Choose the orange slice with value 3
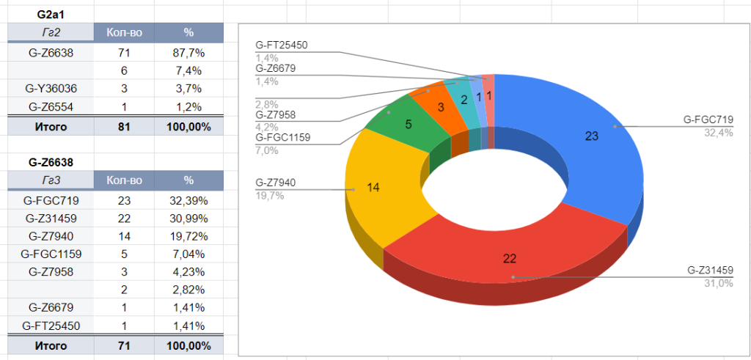click(x=441, y=107)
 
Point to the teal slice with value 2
click(x=464, y=99)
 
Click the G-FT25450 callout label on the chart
click(x=282, y=45)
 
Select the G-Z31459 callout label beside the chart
click(x=710, y=270)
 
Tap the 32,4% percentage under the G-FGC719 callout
click(x=719, y=133)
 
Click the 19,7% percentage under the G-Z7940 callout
click(x=269, y=196)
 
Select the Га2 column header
click(x=51, y=33)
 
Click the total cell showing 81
click(x=124, y=127)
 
